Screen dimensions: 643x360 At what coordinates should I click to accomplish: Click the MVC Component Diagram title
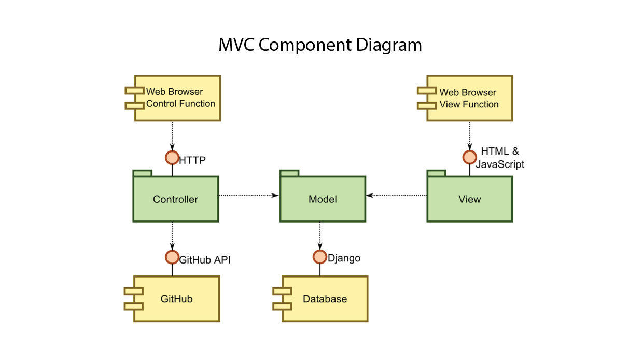point(320,45)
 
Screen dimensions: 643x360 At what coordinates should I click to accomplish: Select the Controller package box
point(176,199)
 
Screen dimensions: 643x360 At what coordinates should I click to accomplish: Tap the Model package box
point(323,199)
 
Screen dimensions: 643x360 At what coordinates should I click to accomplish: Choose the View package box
point(470,199)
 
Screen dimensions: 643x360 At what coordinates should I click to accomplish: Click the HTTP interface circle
point(172,158)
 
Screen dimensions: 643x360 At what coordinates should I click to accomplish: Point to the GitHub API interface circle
point(172,257)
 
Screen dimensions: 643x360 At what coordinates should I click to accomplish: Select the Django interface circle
point(320,257)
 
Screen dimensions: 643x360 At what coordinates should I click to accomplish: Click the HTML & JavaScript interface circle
point(470,157)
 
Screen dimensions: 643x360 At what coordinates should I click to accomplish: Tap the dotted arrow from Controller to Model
point(249,196)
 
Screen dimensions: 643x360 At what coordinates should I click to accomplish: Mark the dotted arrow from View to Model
point(396,196)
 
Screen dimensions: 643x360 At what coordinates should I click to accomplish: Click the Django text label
point(344,258)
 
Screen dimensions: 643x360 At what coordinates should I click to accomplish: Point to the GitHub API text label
point(205,260)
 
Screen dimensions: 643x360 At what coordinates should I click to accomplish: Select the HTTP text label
point(192,160)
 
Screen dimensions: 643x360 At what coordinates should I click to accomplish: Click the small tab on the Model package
point(289,173)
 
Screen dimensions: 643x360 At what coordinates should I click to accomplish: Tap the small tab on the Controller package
point(143,173)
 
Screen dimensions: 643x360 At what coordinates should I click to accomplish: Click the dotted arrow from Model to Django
point(320,236)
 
